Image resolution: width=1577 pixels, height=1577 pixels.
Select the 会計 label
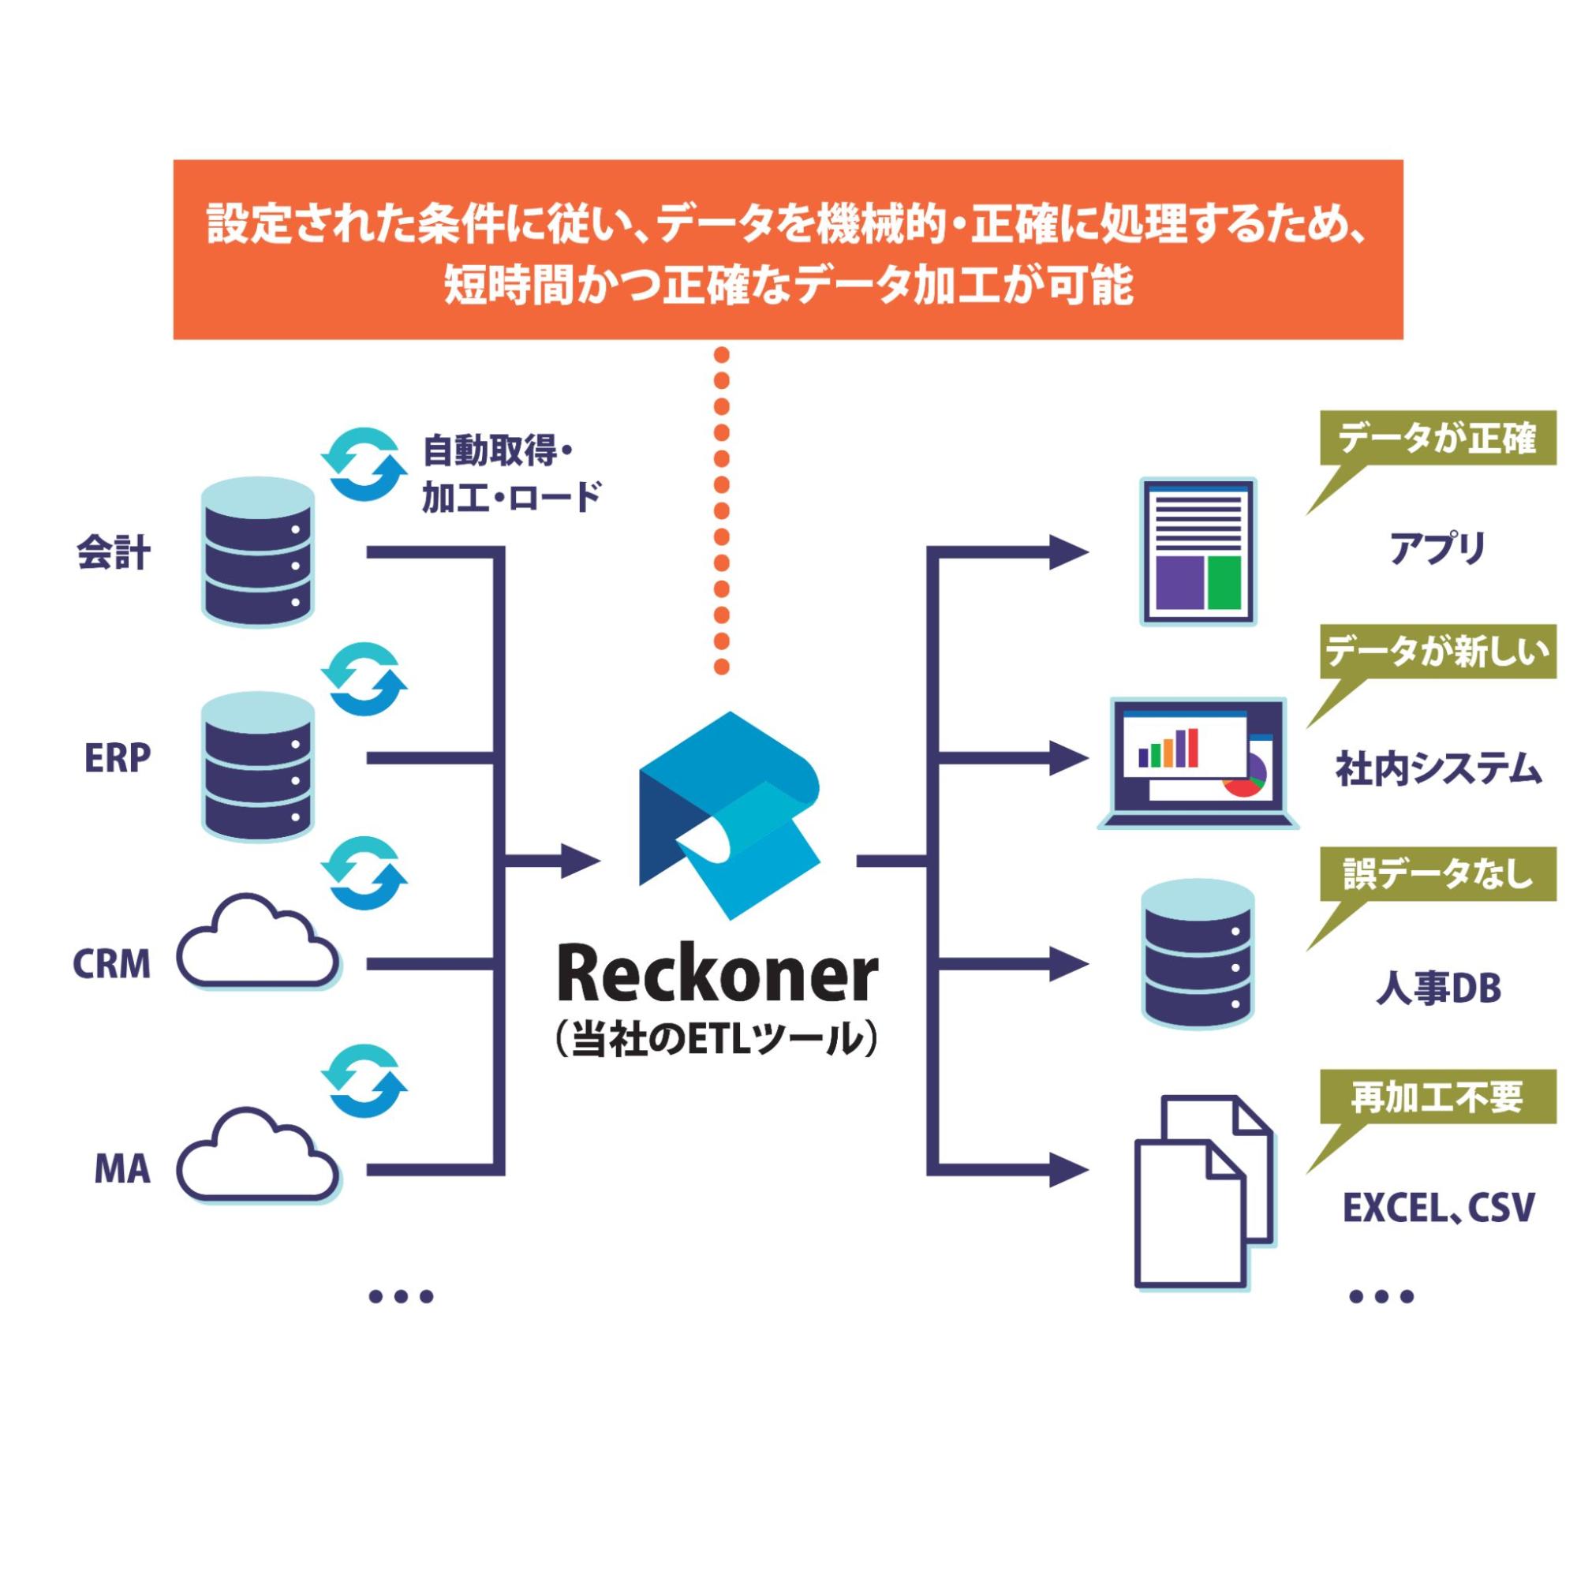114,552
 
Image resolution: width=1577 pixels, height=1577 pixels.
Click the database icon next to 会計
257,552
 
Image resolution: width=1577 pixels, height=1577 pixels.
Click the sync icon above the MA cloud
364,1082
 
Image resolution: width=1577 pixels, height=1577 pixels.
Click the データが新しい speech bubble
1437,653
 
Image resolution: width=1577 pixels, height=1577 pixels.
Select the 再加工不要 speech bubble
1437,1098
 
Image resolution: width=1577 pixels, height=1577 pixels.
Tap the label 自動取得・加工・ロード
511,473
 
